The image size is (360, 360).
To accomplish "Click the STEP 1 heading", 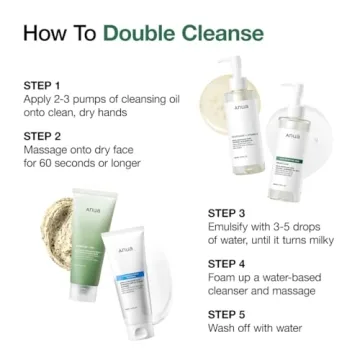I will click(x=42, y=86).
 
